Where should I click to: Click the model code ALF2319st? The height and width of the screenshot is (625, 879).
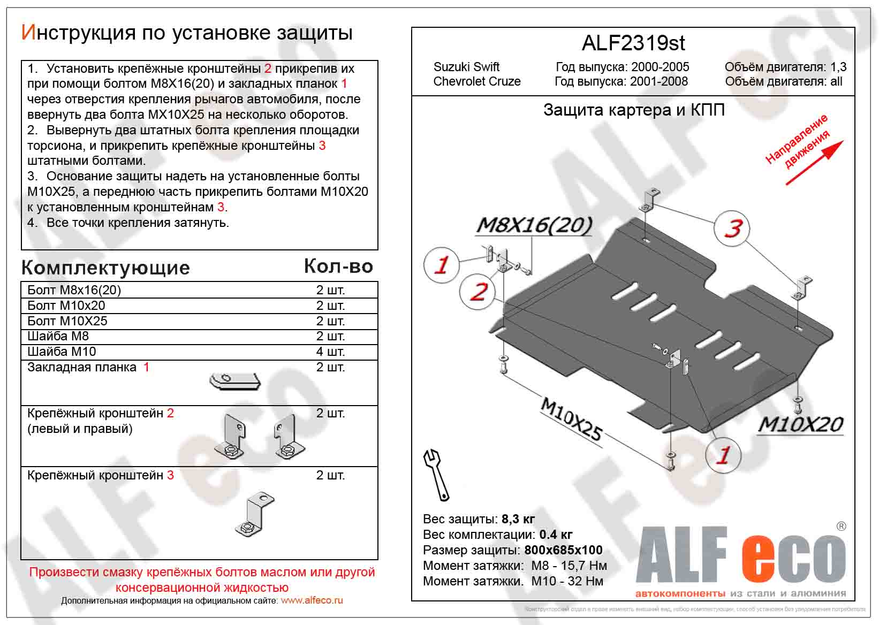(x=633, y=43)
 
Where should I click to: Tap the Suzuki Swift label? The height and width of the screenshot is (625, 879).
(x=466, y=67)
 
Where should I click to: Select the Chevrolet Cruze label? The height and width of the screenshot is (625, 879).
(x=476, y=81)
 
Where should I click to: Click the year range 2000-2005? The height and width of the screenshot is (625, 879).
(x=660, y=67)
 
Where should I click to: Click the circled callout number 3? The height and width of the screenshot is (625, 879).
(x=732, y=228)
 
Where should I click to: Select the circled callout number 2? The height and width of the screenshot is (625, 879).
(x=478, y=292)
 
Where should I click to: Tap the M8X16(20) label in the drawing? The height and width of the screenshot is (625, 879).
(x=534, y=225)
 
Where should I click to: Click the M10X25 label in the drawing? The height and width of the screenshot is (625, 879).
(x=572, y=419)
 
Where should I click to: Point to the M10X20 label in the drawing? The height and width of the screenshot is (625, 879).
(x=800, y=424)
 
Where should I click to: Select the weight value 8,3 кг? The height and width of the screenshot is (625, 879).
(x=518, y=519)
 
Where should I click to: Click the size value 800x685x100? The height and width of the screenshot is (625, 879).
(x=563, y=550)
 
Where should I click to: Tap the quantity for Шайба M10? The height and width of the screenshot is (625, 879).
(x=330, y=352)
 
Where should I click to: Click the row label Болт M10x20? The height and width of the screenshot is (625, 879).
(x=66, y=306)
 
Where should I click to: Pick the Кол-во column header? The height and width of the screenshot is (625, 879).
(x=338, y=266)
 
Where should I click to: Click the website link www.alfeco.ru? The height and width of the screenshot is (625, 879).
(x=312, y=600)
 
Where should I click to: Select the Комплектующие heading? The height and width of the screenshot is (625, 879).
(x=105, y=268)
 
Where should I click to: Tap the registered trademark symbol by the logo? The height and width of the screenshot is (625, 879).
(x=841, y=527)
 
